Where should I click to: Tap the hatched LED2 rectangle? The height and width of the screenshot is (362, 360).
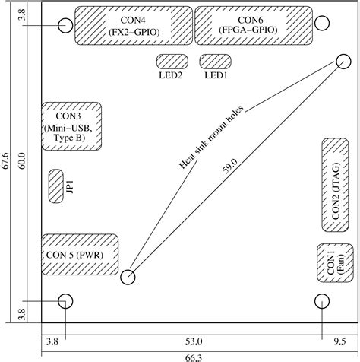point(172,61)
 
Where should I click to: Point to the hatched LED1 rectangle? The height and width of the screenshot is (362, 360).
point(213,61)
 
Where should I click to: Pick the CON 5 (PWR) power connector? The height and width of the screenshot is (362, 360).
point(78,254)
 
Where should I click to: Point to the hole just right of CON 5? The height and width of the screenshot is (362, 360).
point(128,277)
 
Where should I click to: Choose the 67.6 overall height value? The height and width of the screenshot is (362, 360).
point(7,164)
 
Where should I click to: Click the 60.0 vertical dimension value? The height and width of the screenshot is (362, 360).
point(22,164)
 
